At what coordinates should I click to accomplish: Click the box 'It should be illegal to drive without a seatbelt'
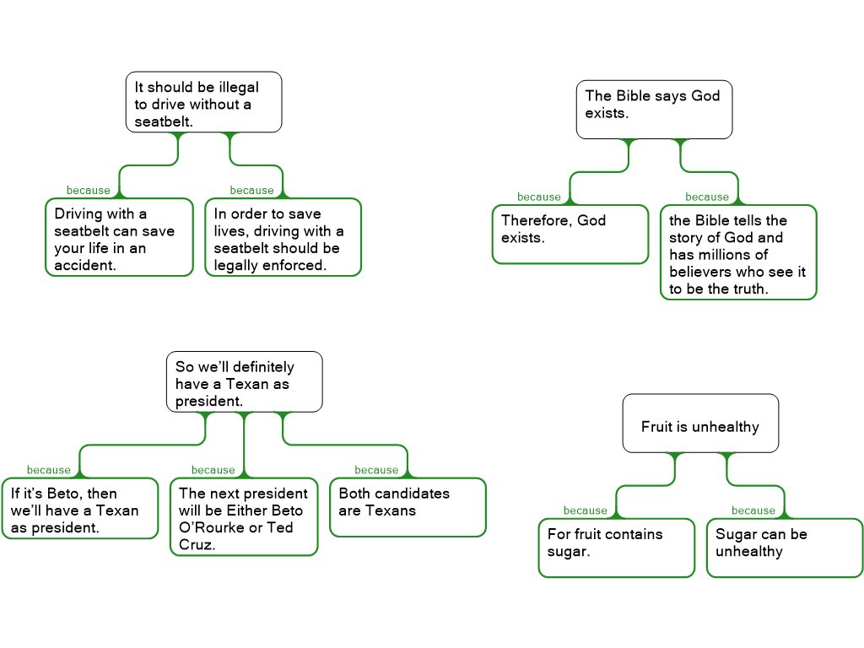point(204,102)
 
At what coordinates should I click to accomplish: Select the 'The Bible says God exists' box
point(654,110)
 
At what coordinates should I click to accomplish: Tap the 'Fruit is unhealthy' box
point(700,424)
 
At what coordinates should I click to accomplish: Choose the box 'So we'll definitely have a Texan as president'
point(244,382)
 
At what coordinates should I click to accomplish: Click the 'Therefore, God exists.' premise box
point(570,235)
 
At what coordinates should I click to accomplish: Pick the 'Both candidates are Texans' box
point(408,507)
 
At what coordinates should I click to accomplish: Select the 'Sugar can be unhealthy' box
point(785,548)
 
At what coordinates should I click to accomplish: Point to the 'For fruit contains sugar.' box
point(617,548)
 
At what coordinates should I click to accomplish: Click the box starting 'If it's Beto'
point(80,508)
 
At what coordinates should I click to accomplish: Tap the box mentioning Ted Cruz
point(244,517)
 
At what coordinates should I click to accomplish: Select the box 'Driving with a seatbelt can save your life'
point(119,237)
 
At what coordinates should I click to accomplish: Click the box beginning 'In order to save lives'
point(283,237)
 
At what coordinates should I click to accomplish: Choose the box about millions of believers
point(738,252)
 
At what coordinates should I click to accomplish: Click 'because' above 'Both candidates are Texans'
point(376,470)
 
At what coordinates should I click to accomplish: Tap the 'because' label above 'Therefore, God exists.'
point(539,197)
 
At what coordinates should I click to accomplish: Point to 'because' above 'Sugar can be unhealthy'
point(753,510)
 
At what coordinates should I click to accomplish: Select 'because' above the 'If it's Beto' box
point(48,470)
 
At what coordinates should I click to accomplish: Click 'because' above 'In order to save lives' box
point(251,190)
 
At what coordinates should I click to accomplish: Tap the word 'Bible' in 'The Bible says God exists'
point(633,96)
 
